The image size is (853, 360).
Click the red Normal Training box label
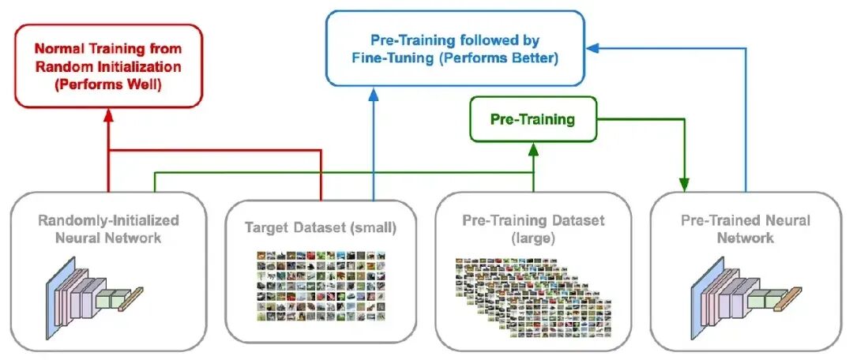(108, 66)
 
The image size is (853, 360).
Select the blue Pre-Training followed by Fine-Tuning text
(455, 48)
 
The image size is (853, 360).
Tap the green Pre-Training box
(532, 119)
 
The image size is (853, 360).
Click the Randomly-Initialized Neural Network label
(108, 229)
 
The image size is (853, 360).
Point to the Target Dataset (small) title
(321, 228)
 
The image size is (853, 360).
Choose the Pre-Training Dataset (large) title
(533, 229)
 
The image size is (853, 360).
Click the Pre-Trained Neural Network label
(746, 229)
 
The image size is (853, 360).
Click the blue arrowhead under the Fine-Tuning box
(373, 94)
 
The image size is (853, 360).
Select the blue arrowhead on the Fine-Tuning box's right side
(592, 48)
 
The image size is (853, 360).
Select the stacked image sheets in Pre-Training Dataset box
(533, 298)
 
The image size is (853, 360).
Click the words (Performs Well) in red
(107, 84)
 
